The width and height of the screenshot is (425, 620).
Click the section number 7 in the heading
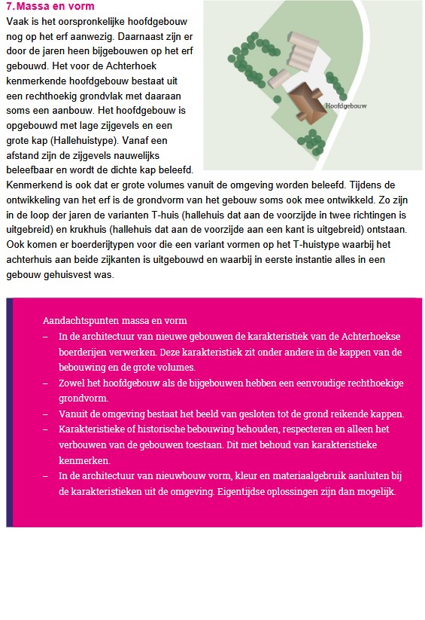click(x=9, y=6)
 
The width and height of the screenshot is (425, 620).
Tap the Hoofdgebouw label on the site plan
click(x=346, y=106)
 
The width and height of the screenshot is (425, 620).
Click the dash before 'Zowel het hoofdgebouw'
click(x=46, y=383)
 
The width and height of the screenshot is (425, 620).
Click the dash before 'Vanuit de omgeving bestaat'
click(x=46, y=414)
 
